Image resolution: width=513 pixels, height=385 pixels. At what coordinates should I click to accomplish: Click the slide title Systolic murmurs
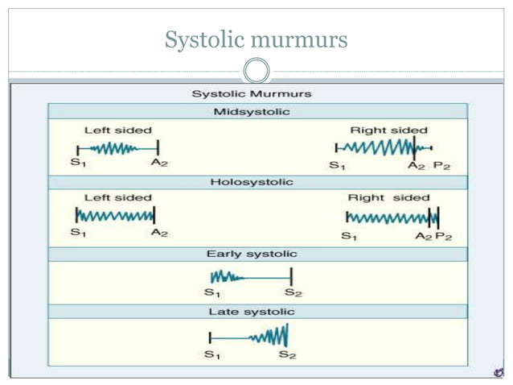(256, 39)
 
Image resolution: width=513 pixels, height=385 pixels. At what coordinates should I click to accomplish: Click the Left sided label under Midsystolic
(117, 130)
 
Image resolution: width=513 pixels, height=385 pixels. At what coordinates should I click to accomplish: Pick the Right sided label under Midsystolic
(388, 130)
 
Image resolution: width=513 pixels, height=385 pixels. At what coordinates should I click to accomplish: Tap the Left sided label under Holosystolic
(117, 197)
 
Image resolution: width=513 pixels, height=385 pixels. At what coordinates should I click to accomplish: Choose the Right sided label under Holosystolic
(388, 197)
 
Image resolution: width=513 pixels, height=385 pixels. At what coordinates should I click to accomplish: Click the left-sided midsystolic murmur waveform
(117, 147)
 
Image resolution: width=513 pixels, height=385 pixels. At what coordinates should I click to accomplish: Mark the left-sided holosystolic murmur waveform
(115, 216)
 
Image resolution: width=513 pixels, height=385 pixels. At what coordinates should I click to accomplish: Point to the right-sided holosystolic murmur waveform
(392, 217)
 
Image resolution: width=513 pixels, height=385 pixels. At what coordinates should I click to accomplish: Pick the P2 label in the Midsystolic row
(441, 166)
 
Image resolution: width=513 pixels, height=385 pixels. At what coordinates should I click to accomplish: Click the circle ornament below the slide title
(256, 72)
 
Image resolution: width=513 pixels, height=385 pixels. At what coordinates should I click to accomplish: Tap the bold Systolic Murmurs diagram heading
(252, 94)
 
